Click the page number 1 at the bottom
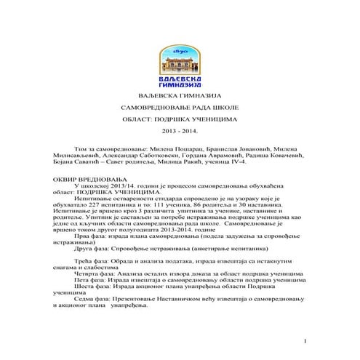(306, 341)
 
